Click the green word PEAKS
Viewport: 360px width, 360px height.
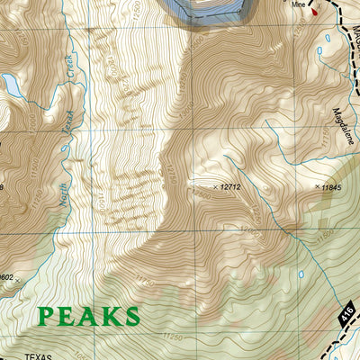pyautogui.click(x=89, y=316)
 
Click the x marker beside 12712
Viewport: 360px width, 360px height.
pyautogui.click(x=213, y=187)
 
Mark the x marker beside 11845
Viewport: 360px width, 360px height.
pyautogui.click(x=317, y=187)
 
